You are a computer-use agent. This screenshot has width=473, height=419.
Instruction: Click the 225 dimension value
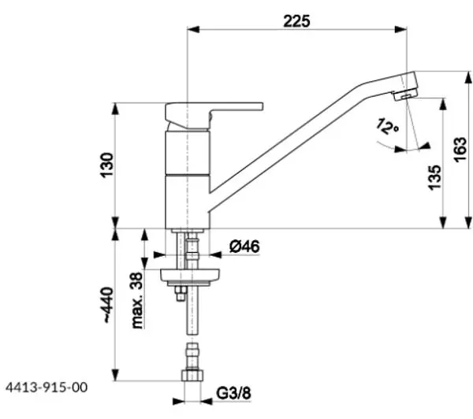296,21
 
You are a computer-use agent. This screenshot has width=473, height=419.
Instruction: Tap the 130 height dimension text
107,165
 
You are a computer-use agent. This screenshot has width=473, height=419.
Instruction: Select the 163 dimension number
460,150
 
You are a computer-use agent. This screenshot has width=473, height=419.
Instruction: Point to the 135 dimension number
434,177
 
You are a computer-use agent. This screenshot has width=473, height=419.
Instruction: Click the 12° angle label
387,126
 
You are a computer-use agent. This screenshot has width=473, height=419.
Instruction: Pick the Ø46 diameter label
244,247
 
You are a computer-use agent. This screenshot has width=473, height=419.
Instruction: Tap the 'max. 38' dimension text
137,300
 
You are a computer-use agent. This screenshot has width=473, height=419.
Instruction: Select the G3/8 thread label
233,393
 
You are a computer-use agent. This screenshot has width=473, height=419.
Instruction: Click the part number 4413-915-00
47,387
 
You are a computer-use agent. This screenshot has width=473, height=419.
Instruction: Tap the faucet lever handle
214,114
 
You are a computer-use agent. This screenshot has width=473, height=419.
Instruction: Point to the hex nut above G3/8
192,376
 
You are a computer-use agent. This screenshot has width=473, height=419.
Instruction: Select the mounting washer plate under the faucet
190,276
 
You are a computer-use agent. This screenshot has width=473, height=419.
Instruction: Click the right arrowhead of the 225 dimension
400,29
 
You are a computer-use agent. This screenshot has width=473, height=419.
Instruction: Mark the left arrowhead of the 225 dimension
193,29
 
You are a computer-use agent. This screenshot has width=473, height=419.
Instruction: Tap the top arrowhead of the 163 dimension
468,77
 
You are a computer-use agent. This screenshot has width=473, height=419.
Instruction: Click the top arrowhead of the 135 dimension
443,104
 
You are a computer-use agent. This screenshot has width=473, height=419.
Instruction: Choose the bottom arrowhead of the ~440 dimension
115,374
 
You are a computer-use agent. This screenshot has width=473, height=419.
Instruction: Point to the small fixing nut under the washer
181,293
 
